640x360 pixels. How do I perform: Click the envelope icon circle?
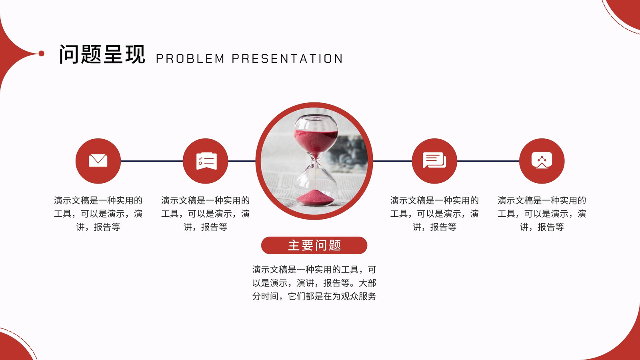[98, 161]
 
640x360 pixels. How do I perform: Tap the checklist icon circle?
[206, 161]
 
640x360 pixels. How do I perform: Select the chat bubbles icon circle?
[434, 161]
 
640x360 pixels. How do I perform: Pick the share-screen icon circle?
[542, 161]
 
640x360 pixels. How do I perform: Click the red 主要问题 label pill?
[314, 245]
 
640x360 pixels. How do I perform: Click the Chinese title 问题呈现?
[102, 54]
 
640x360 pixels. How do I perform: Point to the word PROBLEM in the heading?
[190, 58]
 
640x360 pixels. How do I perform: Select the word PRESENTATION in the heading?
[287, 58]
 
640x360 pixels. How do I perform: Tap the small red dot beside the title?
[42, 54]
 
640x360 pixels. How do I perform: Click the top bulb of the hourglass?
[316, 134]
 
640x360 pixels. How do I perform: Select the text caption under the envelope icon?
[98, 214]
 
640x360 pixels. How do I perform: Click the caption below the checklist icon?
[206, 214]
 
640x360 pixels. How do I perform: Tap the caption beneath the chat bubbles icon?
[434, 214]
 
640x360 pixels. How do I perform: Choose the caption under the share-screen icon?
[542, 214]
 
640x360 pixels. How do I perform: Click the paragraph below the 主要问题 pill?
[314, 283]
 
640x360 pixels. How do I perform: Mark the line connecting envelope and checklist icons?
[152, 161]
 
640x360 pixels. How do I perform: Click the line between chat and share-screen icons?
[488, 161]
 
